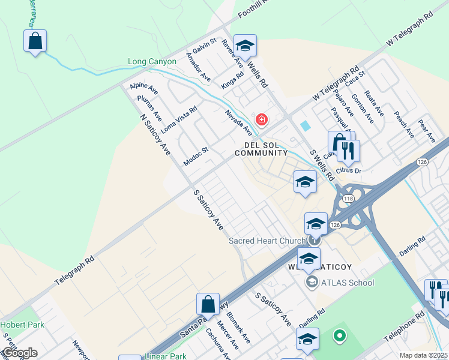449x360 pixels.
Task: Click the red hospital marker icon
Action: click(x=261, y=120)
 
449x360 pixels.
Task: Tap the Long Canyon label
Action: click(x=152, y=62)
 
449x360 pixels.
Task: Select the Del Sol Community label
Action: click(x=261, y=149)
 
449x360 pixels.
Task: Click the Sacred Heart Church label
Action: click(x=267, y=241)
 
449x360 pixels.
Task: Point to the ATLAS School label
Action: click(x=347, y=283)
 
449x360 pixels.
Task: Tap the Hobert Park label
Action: click(x=22, y=325)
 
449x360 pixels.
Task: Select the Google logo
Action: click(x=19, y=353)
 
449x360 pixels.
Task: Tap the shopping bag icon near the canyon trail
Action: click(x=35, y=42)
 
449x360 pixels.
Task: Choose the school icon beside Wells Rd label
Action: click(x=244, y=46)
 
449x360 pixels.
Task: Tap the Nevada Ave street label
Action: click(x=238, y=122)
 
